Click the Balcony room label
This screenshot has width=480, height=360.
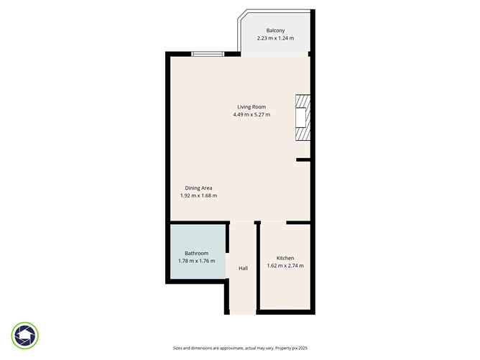click(x=276, y=30)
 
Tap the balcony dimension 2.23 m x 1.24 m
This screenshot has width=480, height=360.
click(x=276, y=38)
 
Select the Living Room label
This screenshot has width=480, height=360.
click(x=251, y=107)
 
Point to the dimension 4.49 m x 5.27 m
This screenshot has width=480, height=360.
click(x=251, y=115)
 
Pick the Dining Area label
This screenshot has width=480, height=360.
click(x=198, y=188)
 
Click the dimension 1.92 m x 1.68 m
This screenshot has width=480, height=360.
click(x=198, y=195)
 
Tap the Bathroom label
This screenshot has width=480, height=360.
click(x=196, y=253)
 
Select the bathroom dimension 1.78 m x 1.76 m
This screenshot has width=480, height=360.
click(x=196, y=261)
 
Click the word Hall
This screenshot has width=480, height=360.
click(x=243, y=269)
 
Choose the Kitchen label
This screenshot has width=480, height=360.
click(x=285, y=258)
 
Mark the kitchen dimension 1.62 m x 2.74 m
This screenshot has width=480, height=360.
click(x=285, y=266)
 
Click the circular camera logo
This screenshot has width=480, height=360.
click(x=25, y=336)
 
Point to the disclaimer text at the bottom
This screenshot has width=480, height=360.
click(x=239, y=347)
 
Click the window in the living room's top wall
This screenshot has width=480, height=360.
click(x=206, y=53)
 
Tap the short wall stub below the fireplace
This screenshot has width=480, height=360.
click(x=303, y=160)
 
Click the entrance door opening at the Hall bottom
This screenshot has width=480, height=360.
click(x=243, y=313)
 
